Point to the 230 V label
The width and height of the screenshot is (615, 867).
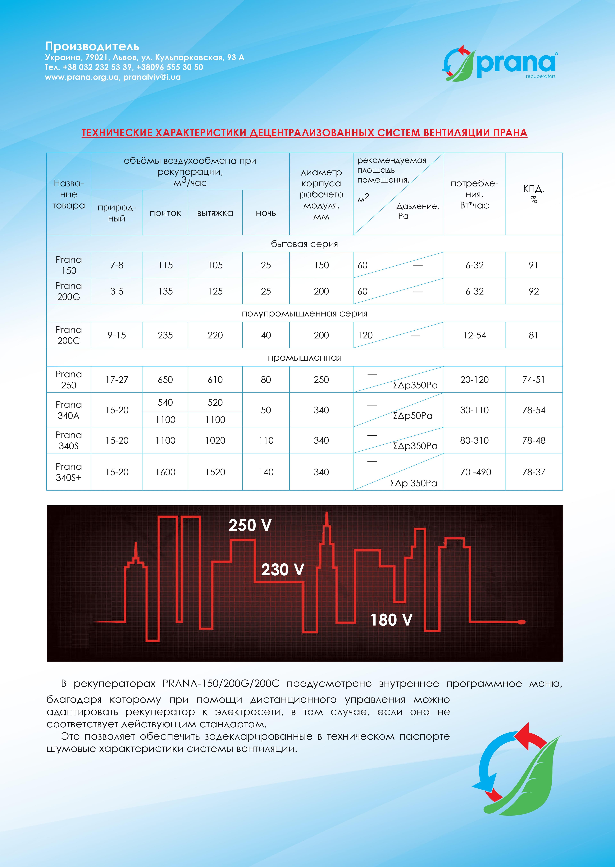(x=283, y=570)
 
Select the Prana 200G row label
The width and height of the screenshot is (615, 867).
(x=69, y=291)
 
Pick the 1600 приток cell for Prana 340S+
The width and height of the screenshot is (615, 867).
(x=165, y=472)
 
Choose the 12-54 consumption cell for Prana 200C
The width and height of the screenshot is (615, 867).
(x=475, y=335)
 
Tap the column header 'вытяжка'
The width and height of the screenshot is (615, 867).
(x=215, y=213)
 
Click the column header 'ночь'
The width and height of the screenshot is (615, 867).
(x=266, y=213)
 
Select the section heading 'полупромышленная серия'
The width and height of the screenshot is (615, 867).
(x=304, y=314)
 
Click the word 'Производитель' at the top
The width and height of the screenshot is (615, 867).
(x=92, y=47)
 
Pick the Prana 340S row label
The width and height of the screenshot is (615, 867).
(x=69, y=441)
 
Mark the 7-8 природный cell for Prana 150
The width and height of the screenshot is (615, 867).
(x=117, y=265)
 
